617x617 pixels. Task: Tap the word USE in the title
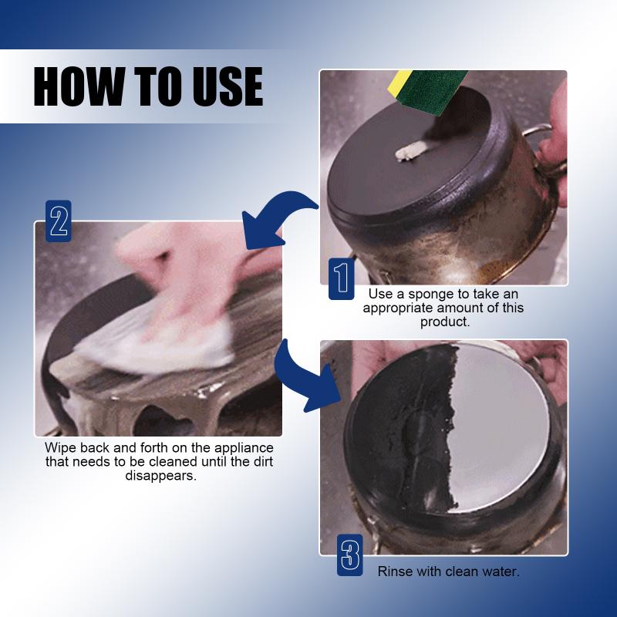[x=228, y=86]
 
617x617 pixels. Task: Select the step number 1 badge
[x=341, y=278]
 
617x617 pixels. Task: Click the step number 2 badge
[x=59, y=221]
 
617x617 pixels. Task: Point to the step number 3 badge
[x=350, y=555]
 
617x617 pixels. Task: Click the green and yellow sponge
[x=429, y=90]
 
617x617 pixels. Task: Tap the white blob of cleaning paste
[x=410, y=151]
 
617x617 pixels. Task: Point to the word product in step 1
[x=445, y=322]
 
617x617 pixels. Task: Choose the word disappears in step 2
[x=160, y=476]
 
